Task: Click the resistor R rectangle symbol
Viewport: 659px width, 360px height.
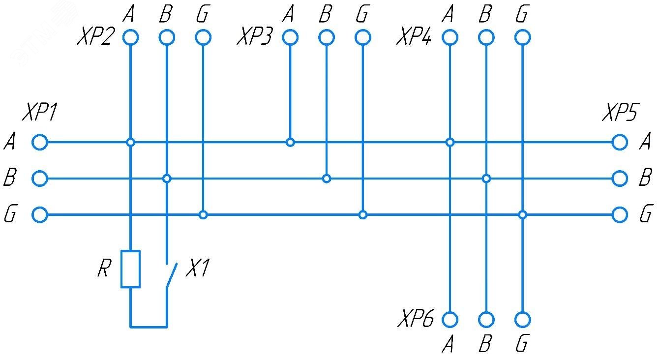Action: (130, 269)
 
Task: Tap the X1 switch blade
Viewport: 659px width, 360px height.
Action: (171, 276)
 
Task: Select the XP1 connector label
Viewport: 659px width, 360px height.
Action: (39, 114)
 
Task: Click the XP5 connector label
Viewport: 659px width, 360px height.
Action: (619, 114)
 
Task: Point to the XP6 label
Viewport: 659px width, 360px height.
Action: (416, 320)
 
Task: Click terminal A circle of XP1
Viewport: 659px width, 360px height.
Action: (40, 143)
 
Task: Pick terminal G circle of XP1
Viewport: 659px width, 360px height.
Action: (40, 215)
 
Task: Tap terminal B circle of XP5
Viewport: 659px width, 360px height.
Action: (620, 179)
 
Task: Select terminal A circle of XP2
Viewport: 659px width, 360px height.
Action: (130, 37)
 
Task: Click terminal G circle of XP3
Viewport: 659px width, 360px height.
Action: (362, 37)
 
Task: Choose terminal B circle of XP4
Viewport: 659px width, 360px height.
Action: (486, 37)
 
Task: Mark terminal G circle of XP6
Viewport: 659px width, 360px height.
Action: (523, 320)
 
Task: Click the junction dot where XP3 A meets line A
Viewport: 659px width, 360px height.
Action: (290, 143)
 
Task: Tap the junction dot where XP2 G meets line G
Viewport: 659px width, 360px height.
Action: (203, 215)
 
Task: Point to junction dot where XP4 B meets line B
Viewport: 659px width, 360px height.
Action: (486, 179)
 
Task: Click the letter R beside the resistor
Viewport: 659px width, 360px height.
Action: (103, 269)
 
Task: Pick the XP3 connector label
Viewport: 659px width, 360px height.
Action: (254, 37)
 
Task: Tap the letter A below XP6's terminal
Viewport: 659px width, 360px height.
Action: (448, 345)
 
